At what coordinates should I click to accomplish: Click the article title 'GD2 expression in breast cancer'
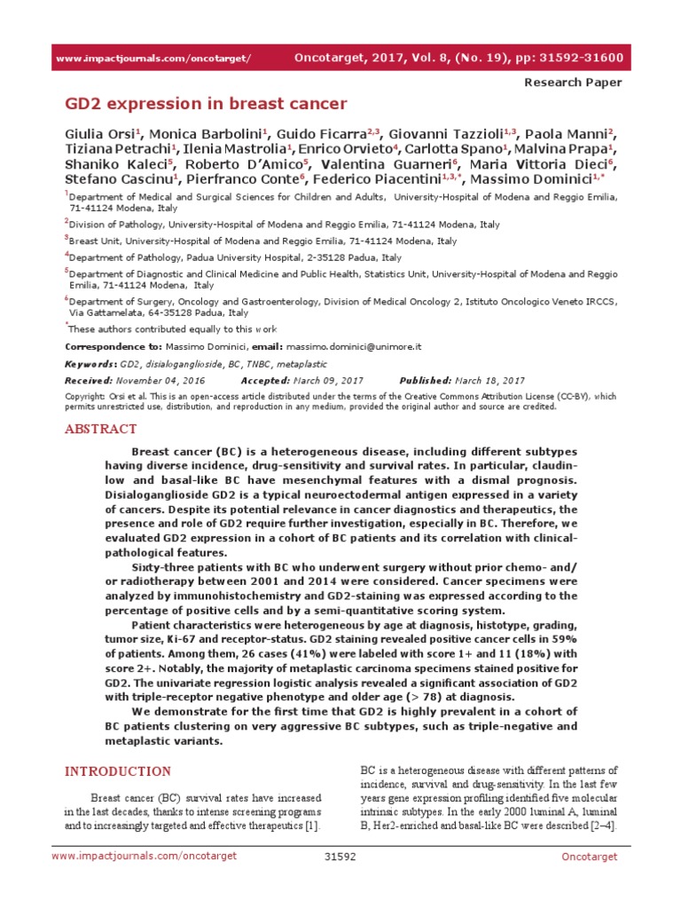click(206, 104)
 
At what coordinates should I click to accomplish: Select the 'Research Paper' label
click(574, 83)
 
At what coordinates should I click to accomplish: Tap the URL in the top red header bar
click(153, 59)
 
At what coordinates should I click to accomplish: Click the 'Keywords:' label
click(90, 364)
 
